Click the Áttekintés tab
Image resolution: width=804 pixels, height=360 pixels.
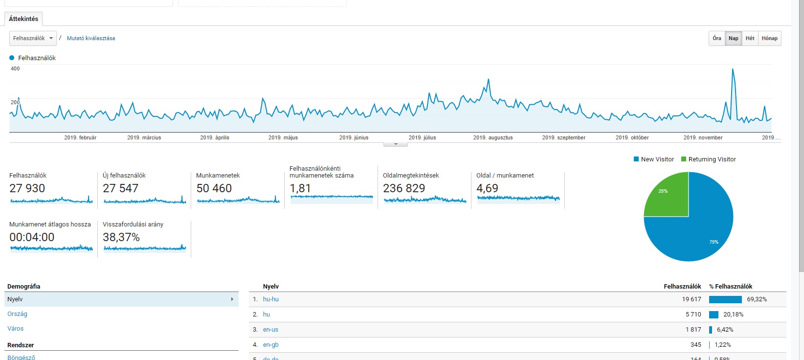tap(23, 19)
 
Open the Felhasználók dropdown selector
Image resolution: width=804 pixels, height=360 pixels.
tap(33, 38)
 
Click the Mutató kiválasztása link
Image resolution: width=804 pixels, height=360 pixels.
tap(91, 38)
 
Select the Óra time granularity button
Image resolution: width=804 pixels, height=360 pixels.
tap(716, 38)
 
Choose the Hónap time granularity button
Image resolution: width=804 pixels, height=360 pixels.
tap(769, 38)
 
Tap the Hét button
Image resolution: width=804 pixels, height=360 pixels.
tap(750, 38)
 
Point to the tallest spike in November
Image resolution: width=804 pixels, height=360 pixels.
tap(733, 70)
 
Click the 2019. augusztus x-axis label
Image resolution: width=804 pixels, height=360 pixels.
tap(493, 137)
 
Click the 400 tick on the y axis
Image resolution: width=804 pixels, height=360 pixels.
tap(15, 68)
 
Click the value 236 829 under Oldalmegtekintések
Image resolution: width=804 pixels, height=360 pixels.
tap(404, 188)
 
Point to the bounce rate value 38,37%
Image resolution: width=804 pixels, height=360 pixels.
tap(121, 237)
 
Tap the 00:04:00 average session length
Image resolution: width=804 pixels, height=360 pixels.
tap(32, 237)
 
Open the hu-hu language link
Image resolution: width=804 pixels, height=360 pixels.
tap(270, 299)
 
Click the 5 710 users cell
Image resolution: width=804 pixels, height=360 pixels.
tap(693, 315)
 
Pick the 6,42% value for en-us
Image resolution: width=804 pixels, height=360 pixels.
tap(725, 330)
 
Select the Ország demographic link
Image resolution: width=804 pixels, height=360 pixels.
tap(17, 314)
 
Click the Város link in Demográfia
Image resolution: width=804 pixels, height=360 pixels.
tap(15, 329)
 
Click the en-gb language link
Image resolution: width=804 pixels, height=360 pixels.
tap(270, 345)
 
